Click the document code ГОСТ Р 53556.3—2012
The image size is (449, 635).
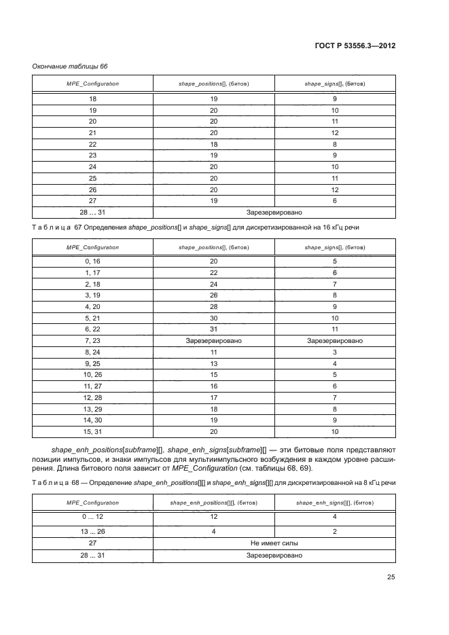click(357, 46)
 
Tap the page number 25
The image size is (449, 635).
click(391, 578)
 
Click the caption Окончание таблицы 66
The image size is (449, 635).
click(70, 66)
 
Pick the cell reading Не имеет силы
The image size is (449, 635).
click(274, 543)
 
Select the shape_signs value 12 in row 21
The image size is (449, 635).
click(335, 132)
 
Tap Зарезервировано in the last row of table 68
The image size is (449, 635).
click(274, 556)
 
